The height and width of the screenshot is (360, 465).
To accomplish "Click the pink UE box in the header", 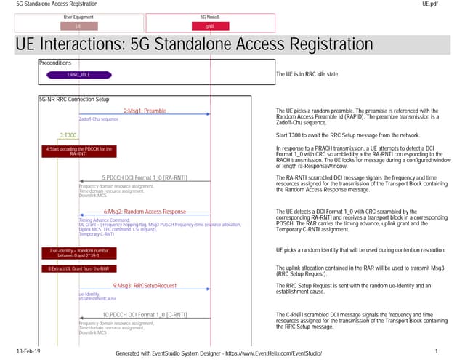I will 78,25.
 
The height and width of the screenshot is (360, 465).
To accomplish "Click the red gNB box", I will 210,25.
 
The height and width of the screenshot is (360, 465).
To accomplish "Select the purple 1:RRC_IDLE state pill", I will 78,74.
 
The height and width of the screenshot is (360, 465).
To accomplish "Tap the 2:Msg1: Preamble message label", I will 144,110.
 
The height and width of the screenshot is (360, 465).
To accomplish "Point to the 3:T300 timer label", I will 68,135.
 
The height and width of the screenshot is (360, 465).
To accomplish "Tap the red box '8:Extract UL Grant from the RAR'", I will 79,268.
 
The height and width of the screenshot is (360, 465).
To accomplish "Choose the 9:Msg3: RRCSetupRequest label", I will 144,285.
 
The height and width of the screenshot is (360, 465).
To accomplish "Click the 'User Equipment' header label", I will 78,16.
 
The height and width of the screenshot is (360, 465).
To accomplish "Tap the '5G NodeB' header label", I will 210,16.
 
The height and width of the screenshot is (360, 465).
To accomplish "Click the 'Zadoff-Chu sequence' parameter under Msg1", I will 99,118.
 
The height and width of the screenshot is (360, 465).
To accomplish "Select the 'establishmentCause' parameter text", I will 97,298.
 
